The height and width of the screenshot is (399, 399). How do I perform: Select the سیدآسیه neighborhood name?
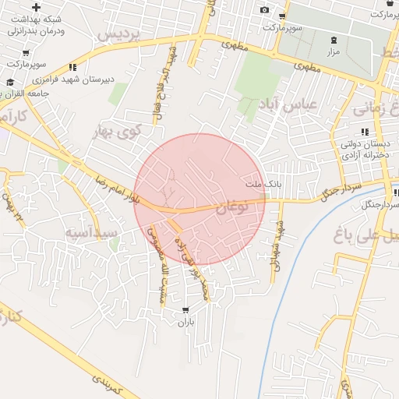(91, 232)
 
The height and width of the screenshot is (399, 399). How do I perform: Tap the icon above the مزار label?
(334, 39)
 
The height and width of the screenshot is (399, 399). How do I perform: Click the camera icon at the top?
(265, 9)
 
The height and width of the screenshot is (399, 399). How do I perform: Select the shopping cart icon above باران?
(185, 311)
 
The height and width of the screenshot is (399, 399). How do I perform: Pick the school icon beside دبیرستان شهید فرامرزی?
(72, 67)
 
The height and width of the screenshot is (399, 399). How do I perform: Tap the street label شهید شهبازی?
(277, 249)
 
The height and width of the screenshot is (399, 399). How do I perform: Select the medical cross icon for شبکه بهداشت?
(36, 7)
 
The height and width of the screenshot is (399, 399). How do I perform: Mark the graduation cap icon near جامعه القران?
(10, 82)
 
